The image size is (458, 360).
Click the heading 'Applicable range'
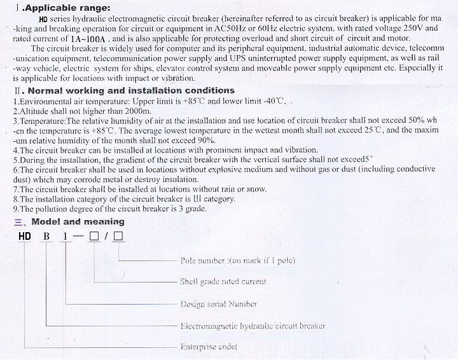point(66,8)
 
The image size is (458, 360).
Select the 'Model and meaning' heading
point(78,222)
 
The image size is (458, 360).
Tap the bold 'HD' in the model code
point(25,237)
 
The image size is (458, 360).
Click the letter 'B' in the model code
point(46,237)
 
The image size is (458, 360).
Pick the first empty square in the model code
point(94,237)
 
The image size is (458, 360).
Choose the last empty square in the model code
point(118,237)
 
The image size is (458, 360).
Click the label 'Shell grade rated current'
point(223,281)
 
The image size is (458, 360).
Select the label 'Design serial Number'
point(218,304)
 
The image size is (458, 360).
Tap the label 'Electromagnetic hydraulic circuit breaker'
point(253,326)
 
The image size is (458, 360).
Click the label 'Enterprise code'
point(208,347)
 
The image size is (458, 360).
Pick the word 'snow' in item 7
point(256,189)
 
